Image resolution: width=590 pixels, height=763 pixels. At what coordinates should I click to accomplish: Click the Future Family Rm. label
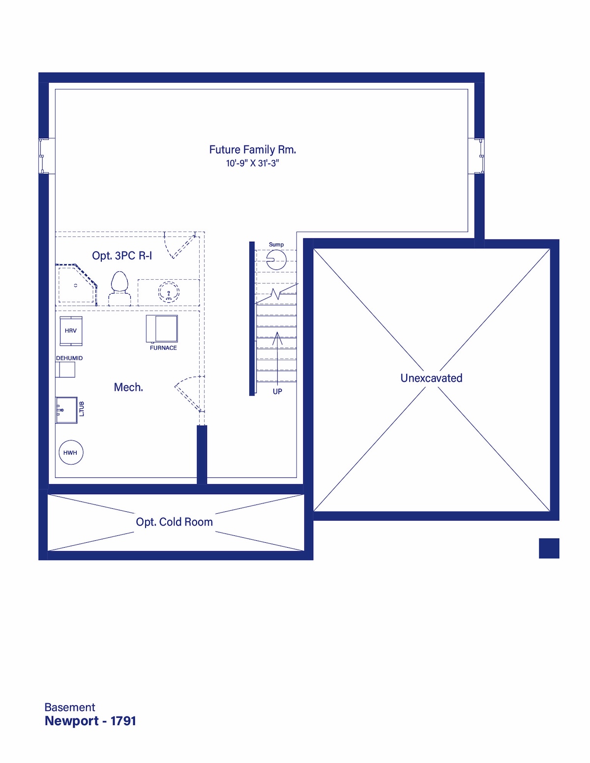point(252,149)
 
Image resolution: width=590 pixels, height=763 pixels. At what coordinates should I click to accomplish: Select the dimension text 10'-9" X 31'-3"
point(252,163)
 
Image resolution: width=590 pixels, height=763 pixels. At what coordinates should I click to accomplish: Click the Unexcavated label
point(431,378)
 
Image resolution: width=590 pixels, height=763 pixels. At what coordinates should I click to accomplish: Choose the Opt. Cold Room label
point(174,522)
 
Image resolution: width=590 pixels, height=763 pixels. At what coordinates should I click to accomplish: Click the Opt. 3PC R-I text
point(122,256)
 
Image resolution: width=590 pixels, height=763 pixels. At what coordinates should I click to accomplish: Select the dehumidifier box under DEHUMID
point(65,370)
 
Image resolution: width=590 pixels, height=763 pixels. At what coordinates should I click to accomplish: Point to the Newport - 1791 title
point(90,721)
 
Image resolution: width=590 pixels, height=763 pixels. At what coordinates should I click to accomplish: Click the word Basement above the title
point(70,707)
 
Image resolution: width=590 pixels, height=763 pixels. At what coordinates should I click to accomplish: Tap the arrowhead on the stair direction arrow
point(277,338)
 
